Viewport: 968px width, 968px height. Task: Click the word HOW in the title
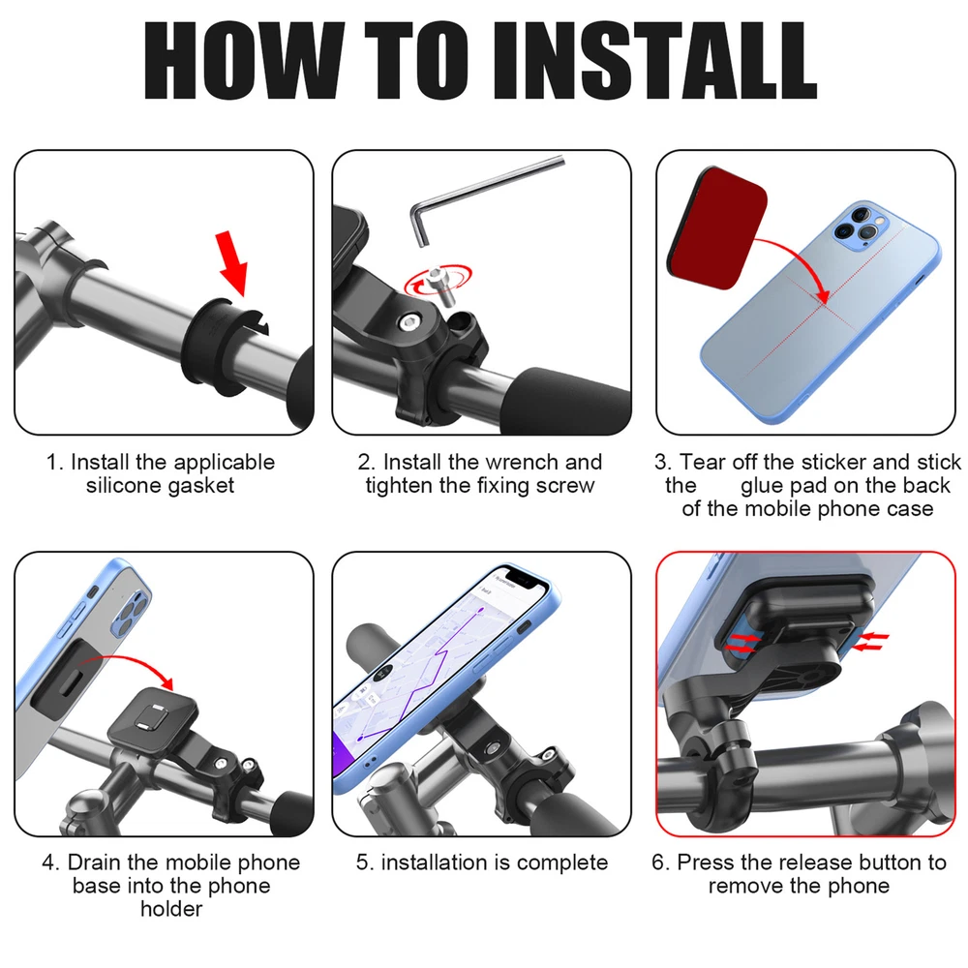[243, 60]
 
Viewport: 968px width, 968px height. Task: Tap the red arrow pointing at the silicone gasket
[234, 263]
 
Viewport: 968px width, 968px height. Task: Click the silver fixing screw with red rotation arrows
[440, 285]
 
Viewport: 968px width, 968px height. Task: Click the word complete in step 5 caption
[562, 863]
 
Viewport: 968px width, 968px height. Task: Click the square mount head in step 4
[153, 717]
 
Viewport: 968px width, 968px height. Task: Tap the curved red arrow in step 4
[127, 660]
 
